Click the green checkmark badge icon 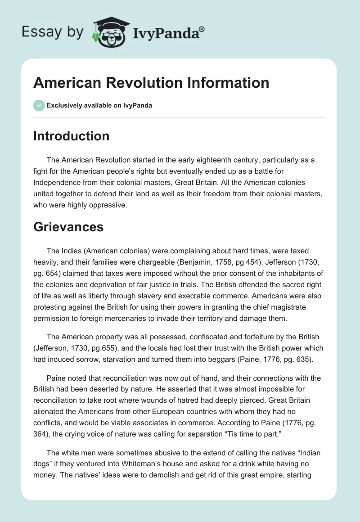click(x=39, y=106)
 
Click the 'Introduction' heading click(x=71, y=136)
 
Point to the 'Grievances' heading click(x=68, y=227)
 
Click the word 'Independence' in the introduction click(x=58, y=182)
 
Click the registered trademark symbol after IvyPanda click(x=202, y=29)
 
